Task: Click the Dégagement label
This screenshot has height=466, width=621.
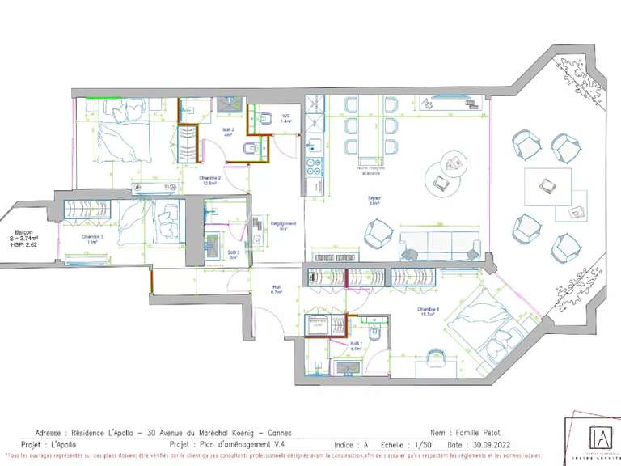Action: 283,226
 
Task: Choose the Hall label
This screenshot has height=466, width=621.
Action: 276,289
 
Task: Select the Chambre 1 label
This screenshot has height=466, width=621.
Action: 429,311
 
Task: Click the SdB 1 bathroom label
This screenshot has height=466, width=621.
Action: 356,345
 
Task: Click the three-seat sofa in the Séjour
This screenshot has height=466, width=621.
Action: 441,243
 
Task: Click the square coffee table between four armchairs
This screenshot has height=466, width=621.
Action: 547,187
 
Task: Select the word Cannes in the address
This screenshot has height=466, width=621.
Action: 276,433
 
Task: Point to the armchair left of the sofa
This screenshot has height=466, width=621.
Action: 378,235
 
